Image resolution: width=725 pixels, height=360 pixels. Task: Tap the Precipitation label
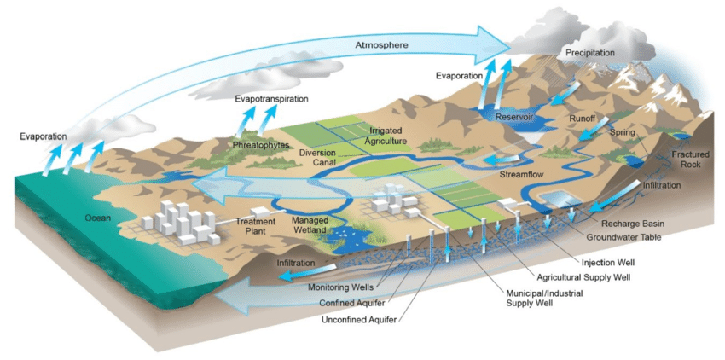point(590,54)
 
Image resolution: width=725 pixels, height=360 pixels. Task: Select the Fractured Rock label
point(685,160)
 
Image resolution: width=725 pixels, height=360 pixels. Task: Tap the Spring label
point(623,132)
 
